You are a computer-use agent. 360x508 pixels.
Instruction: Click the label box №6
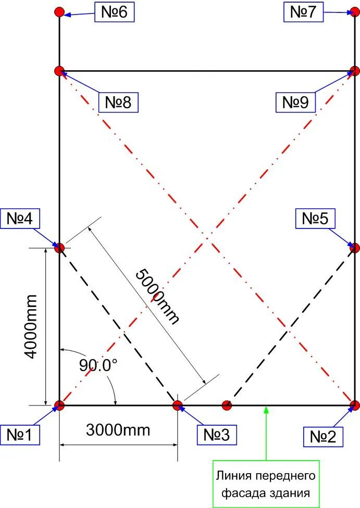click(114, 11)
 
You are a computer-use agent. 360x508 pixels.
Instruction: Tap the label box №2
click(324, 436)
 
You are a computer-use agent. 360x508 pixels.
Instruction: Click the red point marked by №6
click(59, 11)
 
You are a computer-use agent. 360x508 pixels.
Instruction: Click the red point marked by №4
click(59, 247)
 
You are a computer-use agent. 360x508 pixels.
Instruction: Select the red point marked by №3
click(178, 405)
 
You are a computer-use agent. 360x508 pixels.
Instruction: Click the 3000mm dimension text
click(118, 430)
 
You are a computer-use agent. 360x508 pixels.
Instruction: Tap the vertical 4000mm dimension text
click(32, 326)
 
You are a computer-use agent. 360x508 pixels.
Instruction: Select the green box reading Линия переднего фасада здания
click(266, 484)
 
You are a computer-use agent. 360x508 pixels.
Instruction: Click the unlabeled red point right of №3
click(227, 405)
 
